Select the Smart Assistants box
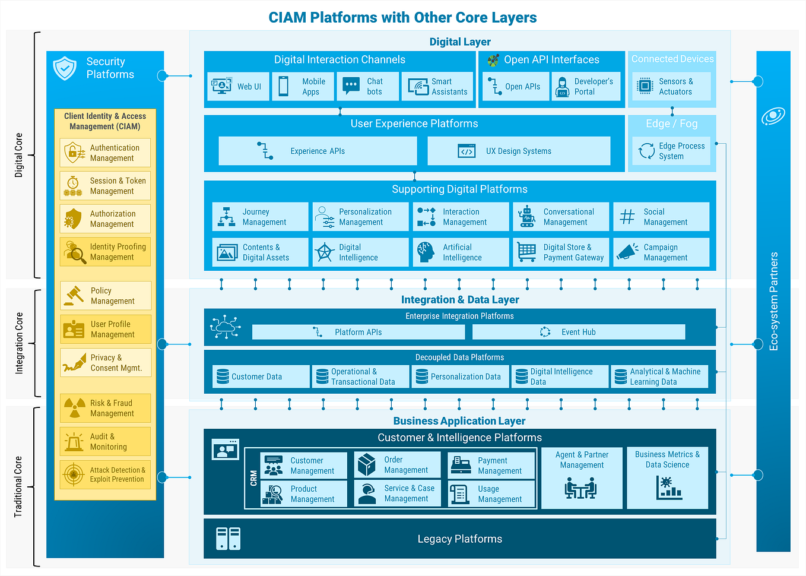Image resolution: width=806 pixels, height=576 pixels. coord(437,87)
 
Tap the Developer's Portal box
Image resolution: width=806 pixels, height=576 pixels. coord(586,87)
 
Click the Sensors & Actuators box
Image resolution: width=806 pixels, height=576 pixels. coord(671,87)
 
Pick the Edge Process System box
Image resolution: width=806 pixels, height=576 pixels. coord(671,151)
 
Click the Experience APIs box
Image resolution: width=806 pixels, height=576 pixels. coord(318,151)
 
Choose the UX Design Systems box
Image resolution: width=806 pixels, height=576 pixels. coord(519,151)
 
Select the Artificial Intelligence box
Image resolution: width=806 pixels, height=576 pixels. coord(461,252)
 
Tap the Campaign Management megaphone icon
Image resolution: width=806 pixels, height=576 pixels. coord(627,252)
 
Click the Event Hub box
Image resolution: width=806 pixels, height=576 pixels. coord(578,332)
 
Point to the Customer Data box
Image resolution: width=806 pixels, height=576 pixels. coord(261,376)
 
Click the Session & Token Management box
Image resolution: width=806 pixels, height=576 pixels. coord(105,186)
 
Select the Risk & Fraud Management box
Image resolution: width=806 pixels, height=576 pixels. coord(105,409)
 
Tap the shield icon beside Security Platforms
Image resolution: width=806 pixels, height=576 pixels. coord(65,68)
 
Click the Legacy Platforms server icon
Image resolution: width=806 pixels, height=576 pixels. coord(228,539)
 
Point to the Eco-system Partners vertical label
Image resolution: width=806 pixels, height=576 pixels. coord(773,302)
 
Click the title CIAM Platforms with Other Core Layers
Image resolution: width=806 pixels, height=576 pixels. coord(402,17)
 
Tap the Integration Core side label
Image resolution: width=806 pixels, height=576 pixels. coord(19,343)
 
